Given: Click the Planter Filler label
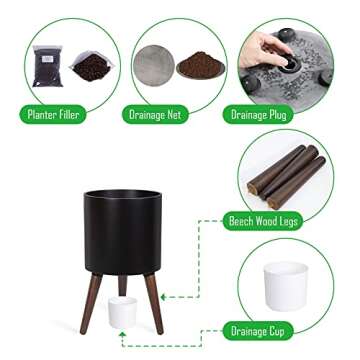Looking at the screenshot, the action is [x=53, y=115].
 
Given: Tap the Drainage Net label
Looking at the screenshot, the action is [x=155, y=115].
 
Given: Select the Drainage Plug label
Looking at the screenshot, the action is [x=258, y=115].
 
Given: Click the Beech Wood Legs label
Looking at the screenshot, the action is [x=263, y=221].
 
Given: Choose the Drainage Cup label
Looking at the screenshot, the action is [x=258, y=331].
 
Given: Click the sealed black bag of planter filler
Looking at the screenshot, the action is [x=48, y=66].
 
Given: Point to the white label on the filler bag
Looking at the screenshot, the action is [x=49, y=59].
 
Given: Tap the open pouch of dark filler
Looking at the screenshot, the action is [x=92, y=66].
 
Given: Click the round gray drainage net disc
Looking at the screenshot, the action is [x=154, y=66].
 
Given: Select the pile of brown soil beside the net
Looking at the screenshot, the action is [x=201, y=65].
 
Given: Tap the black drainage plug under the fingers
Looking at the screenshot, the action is [x=289, y=64].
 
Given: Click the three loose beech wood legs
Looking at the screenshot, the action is [x=286, y=177].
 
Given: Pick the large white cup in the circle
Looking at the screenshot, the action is [x=286, y=286].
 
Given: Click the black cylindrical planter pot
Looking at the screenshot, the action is [x=123, y=232].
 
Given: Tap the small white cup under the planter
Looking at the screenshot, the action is [x=123, y=312].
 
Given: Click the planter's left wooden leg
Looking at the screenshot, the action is [x=91, y=303].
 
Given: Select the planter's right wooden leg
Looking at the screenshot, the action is [x=154, y=303].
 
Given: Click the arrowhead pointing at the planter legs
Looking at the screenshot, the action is [x=163, y=297].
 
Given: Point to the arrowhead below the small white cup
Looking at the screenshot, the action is [x=123, y=334].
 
